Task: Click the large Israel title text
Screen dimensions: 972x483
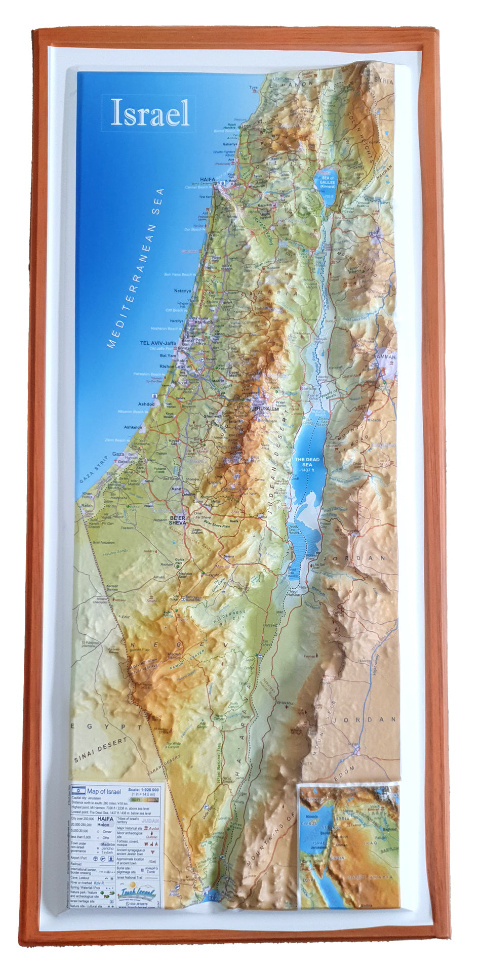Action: pyautogui.click(x=150, y=113)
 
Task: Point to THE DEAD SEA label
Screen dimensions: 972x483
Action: pyautogui.click(x=307, y=462)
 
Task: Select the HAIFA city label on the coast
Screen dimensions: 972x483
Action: pyautogui.click(x=208, y=180)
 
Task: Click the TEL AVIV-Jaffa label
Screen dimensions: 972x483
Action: pyautogui.click(x=158, y=343)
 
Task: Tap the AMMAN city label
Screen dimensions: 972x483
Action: pyautogui.click(x=386, y=356)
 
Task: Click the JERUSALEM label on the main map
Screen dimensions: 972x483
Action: pyautogui.click(x=266, y=409)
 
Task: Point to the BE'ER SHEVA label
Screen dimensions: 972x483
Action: pyautogui.click(x=178, y=520)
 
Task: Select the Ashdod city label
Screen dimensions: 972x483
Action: pyautogui.click(x=146, y=404)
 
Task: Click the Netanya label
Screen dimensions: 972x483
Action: pyautogui.click(x=182, y=291)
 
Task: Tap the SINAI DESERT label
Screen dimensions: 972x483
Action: pyautogui.click(x=100, y=750)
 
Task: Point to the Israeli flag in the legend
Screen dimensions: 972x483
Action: pyautogui.click(x=78, y=790)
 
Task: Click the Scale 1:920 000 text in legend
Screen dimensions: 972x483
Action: pyautogui.click(x=144, y=789)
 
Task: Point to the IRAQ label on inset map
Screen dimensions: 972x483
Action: pyautogui.click(x=371, y=843)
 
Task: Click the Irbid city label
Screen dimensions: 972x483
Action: pyautogui.click(x=373, y=233)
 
